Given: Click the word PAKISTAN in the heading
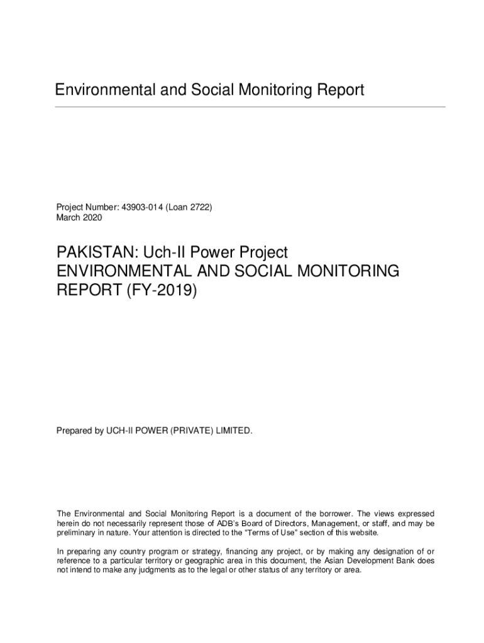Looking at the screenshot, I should click(92, 253).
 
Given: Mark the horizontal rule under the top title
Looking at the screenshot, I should click(250, 107).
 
